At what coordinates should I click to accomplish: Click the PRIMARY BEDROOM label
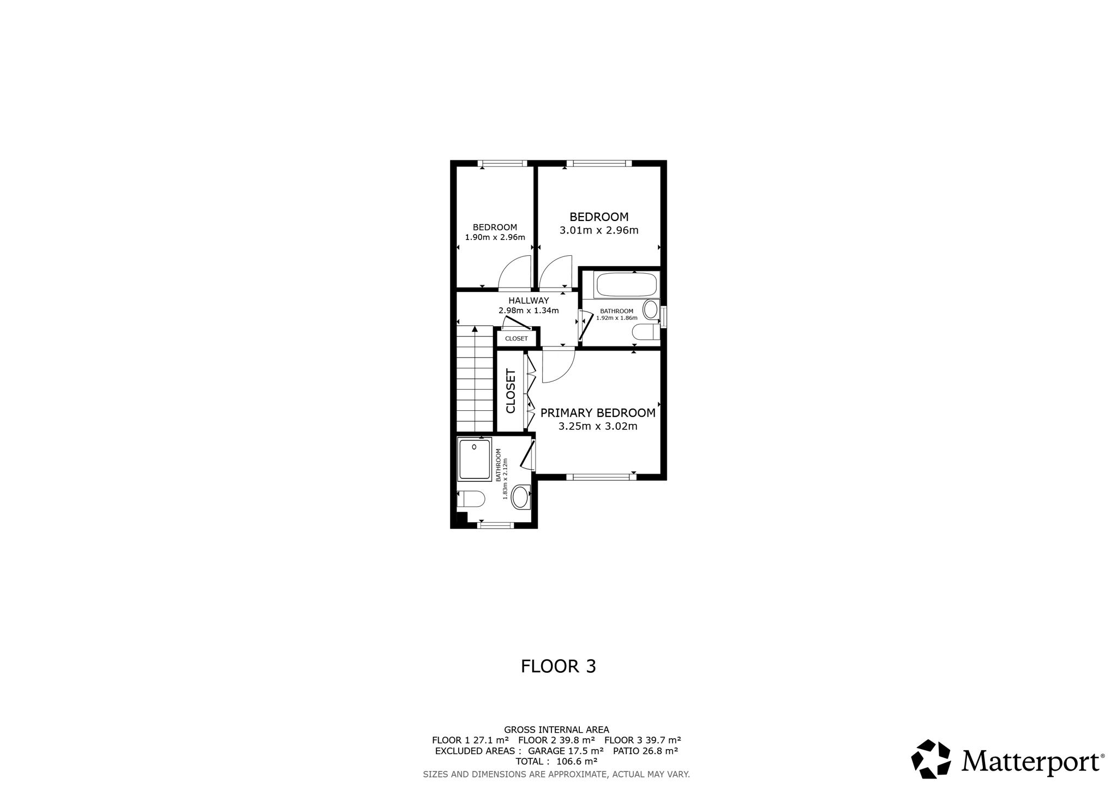pyautogui.click(x=598, y=413)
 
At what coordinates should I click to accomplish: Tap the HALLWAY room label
pyautogui.click(x=529, y=301)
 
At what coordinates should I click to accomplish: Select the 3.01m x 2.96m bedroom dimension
pyautogui.click(x=599, y=230)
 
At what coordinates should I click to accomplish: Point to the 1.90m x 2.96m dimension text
pyautogui.click(x=495, y=237)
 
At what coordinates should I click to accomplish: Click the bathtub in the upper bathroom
pyautogui.click(x=626, y=285)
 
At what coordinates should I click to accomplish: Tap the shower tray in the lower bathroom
pyautogui.click(x=475, y=459)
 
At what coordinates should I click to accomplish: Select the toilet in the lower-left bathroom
pyautogui.click(x=471, y=499)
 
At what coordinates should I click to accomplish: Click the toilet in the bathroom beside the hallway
pyautogui.click(x=646, y=332)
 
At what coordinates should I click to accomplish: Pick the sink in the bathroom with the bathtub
pyautogui.click(x=651, y=309)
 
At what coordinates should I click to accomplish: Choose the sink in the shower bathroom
pyautogui.click(x=520, y=497)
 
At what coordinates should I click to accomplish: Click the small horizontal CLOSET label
pyautogui.click(x=517, y=339)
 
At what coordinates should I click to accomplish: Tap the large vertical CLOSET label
pyautogui.click(x=511, y=391)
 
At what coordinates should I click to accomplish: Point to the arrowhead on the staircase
pyautogui.click(x=475, y=329)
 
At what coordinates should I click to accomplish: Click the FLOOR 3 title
pyautogui.click(x=558, y=666)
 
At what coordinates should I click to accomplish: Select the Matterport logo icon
pyautogui.click(x=931, y=759)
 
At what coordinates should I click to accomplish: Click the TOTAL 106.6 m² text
pyautogui.click(x=556, y=761)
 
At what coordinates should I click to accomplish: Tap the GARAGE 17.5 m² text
pyautogui.click(x=566, y=751)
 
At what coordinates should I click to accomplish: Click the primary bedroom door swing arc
pyautogui.click(x=565, y=372)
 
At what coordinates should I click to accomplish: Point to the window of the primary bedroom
pyautogui.click(x=601, y=477)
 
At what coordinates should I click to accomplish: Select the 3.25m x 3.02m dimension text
pyautogui.click(x=598, y=427)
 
